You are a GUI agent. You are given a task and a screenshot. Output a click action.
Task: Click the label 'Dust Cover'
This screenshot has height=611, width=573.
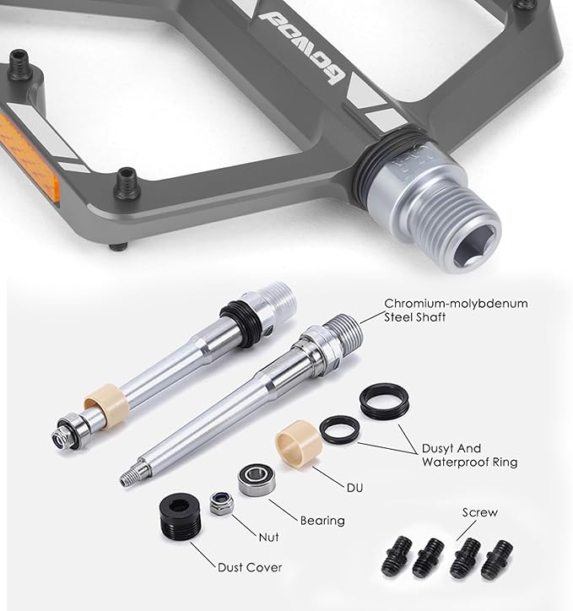pos(250,567)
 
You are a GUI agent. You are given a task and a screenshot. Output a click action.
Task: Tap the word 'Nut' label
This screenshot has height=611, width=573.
pos(268,538)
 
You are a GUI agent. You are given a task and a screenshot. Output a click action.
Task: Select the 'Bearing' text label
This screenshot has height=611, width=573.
pos(322,521)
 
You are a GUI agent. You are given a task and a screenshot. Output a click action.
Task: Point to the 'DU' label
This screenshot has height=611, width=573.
pos(355,488)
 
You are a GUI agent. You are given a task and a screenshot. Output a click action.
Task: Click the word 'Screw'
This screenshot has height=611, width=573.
pos(480,512)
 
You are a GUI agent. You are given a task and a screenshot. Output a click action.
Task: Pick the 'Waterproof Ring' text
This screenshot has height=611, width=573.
pos(470,462)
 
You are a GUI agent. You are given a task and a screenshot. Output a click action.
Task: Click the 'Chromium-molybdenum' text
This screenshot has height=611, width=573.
pos(457,304)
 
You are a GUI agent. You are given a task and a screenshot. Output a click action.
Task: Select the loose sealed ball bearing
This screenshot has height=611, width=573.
pos(257,479)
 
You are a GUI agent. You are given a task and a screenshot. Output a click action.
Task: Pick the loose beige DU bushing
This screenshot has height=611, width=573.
pos(299,443)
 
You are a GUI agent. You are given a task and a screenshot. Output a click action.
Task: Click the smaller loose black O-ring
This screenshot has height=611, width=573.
pos(340,430)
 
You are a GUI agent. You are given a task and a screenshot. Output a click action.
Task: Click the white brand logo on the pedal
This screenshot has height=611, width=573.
pos(302,46)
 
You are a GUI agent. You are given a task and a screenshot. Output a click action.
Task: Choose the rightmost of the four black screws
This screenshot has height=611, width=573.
pos(496,560)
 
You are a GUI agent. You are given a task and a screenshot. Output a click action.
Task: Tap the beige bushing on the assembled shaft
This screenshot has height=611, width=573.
pos(106,403)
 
